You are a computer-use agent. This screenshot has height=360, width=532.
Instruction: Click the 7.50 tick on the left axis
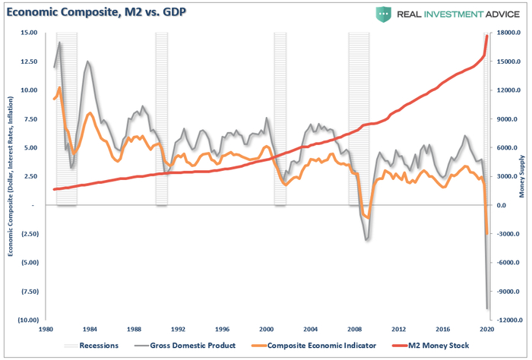[x=29, y=119]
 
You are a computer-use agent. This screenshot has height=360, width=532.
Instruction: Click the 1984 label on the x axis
[x=90, y=330]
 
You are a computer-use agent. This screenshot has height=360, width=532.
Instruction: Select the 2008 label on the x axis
[x=355, y=330]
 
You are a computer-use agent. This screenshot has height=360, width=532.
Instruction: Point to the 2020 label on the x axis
[x=487, y=330]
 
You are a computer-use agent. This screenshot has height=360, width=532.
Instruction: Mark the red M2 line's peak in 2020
[x=486, y=36]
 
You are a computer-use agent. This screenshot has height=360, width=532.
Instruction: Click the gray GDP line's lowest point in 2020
[x=487, y=308]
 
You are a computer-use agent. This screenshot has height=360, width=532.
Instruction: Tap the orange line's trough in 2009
[x=369, y=217]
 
